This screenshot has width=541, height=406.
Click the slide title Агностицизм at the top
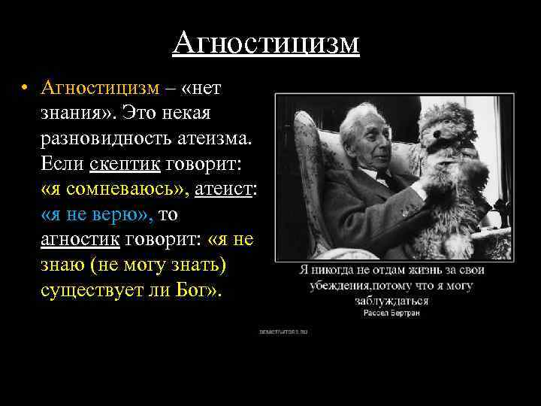(266, 43)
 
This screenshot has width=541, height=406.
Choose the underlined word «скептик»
(119, 165)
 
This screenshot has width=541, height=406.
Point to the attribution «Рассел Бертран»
(391, 312)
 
